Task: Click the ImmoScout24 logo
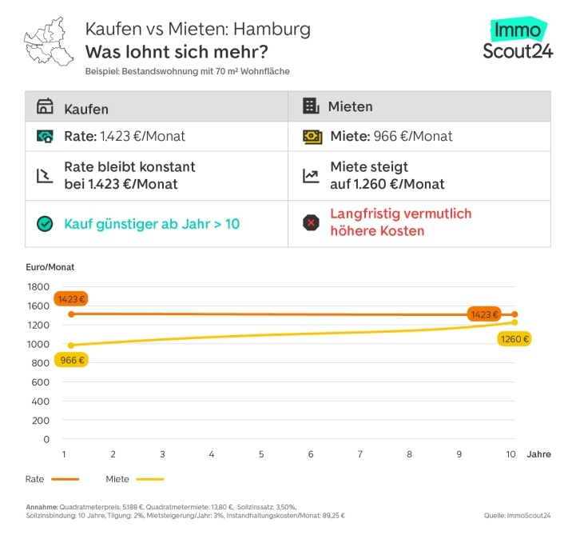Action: (517, 40)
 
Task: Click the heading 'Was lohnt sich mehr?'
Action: (177, 53)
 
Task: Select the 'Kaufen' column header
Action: (85, 108)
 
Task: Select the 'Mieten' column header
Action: (349, 107)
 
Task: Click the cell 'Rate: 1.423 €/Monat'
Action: (124, 136)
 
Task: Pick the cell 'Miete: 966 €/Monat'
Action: (391, 136)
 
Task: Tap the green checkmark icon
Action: (45, 224)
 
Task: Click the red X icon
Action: (311, 222)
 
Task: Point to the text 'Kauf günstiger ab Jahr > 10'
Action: (151, 224)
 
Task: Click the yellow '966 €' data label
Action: (71, 360)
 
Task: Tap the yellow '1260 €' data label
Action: (514, 339)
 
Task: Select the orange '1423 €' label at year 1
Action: (71, 299)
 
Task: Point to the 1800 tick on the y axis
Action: (38, 286)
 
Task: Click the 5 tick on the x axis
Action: (261, 454)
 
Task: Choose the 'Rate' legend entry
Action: (53, 479)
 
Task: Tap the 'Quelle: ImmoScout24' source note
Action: (516, 515)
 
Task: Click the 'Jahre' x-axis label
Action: (538, 454)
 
